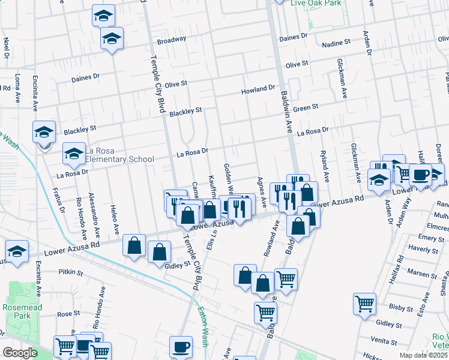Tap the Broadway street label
172,41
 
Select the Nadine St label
336,43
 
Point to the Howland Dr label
258,89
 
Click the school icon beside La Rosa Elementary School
74,154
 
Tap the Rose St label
68,314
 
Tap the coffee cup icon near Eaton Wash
181,346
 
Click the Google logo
20,353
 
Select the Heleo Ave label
114,220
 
